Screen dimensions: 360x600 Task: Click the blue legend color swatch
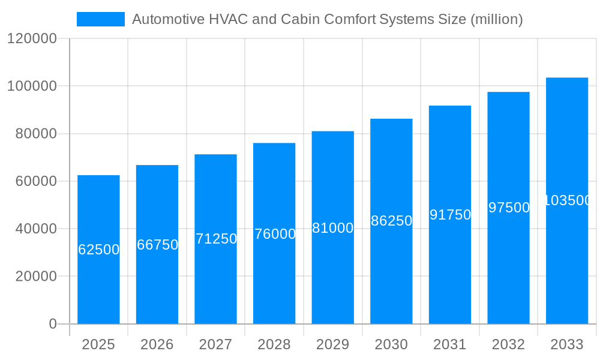click(100, 19)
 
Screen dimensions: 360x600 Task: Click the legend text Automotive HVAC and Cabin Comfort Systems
click(327, 19)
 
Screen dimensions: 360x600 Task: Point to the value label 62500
click(99, 250)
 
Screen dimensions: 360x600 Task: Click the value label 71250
click(216, 239)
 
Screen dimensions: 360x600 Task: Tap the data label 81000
click(333, 228)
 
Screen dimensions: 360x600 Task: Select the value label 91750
click(450, 215)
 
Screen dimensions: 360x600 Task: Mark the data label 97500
click(509, 208)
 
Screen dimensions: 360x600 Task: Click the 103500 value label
click(567, 200)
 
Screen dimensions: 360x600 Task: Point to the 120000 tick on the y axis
click(32, 39)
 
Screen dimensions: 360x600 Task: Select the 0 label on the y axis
click(53, 324)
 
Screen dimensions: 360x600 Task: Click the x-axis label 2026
click(157, 344)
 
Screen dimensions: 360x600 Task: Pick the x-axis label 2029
click(333, 344)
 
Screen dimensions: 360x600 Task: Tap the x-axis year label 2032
click(508, 344)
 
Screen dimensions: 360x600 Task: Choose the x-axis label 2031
click(450, 344)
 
